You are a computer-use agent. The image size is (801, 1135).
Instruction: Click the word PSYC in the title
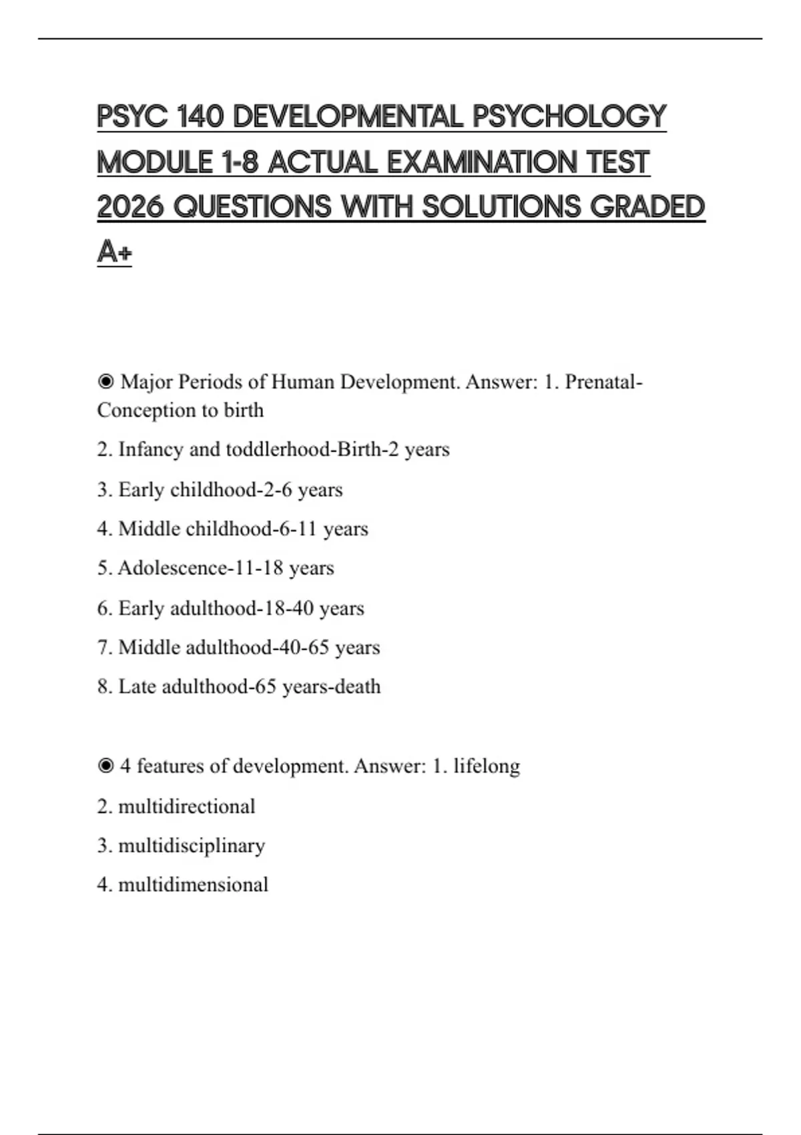coord(131,117)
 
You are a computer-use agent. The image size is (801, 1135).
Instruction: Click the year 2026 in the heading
coord(130,207)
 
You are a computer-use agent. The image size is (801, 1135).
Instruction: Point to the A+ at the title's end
coord(114,252)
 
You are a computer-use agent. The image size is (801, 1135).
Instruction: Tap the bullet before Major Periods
coord(105,382)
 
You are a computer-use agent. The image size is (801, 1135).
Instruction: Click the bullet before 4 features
coord(105,766)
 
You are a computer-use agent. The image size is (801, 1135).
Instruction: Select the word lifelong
coord(487,766)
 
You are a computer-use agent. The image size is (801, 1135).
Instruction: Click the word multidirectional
coord(186,807)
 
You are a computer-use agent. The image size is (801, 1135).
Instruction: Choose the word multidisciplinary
coord(192,846)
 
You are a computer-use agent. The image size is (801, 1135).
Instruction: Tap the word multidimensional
coord(193,885)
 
